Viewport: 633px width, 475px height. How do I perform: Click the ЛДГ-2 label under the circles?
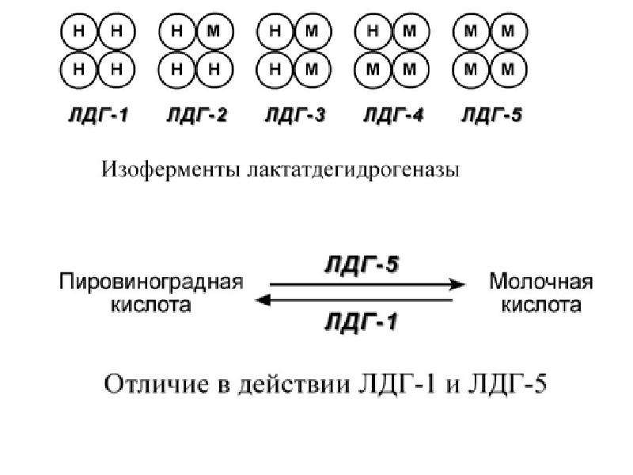(197, 116)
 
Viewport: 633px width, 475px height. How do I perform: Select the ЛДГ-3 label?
(295, 116)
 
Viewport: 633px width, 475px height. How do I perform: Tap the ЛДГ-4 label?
(393, 116)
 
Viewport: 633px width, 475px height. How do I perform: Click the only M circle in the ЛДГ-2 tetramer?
(214, 32)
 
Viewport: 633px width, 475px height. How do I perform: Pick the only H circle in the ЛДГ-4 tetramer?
(373, 32)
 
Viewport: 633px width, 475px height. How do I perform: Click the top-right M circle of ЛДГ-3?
(313, 32)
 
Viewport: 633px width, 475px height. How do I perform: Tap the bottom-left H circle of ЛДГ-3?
(275, 70)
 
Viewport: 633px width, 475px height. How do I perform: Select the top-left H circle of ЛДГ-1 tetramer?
(78, 32)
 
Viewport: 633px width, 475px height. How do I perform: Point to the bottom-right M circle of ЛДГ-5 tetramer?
(508, 70)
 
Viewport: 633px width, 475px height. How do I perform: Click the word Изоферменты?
(170, 169)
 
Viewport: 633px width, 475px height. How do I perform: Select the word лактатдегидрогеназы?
(352, 170)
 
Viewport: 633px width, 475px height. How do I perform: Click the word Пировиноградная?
(151, 282)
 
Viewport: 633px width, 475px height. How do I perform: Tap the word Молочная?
(541, 282)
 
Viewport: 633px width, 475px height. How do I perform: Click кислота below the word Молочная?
(541, 305)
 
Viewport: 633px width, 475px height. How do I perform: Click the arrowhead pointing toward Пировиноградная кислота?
(263, 300)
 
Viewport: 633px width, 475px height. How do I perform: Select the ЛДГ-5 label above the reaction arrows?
(362, 265)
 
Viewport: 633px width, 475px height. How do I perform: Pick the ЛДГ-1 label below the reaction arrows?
(362, 322)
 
